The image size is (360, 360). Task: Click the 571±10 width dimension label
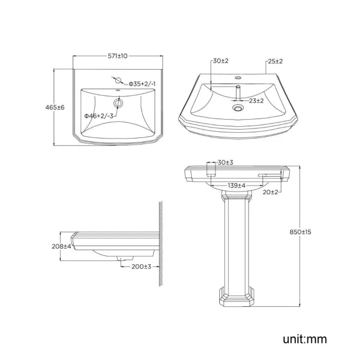117,56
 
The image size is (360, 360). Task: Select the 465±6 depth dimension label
56,107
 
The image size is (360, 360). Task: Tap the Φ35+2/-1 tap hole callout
143,84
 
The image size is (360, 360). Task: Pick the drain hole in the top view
117,103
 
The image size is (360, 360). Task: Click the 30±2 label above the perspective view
221,61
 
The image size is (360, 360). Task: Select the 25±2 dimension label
276,61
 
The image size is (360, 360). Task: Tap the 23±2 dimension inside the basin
256,101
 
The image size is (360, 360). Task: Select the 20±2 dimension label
271,192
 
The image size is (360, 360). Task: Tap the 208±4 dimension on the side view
61,246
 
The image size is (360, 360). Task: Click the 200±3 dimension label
141,266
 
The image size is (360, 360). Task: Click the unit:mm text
304,338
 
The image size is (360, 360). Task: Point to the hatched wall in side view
159,244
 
